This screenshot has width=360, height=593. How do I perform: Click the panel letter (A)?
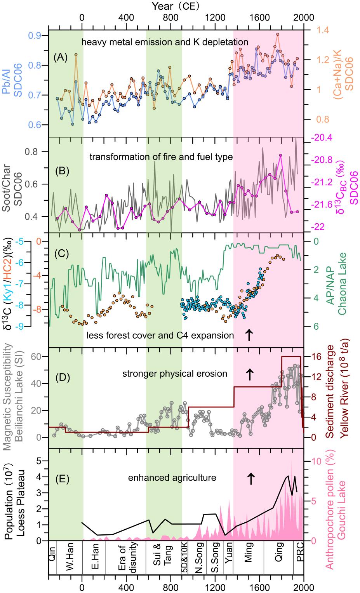[x=61, y=57]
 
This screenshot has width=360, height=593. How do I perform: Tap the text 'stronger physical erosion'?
[x=175, y=374]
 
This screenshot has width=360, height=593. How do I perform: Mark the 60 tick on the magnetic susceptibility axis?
[x=38, y=356]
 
